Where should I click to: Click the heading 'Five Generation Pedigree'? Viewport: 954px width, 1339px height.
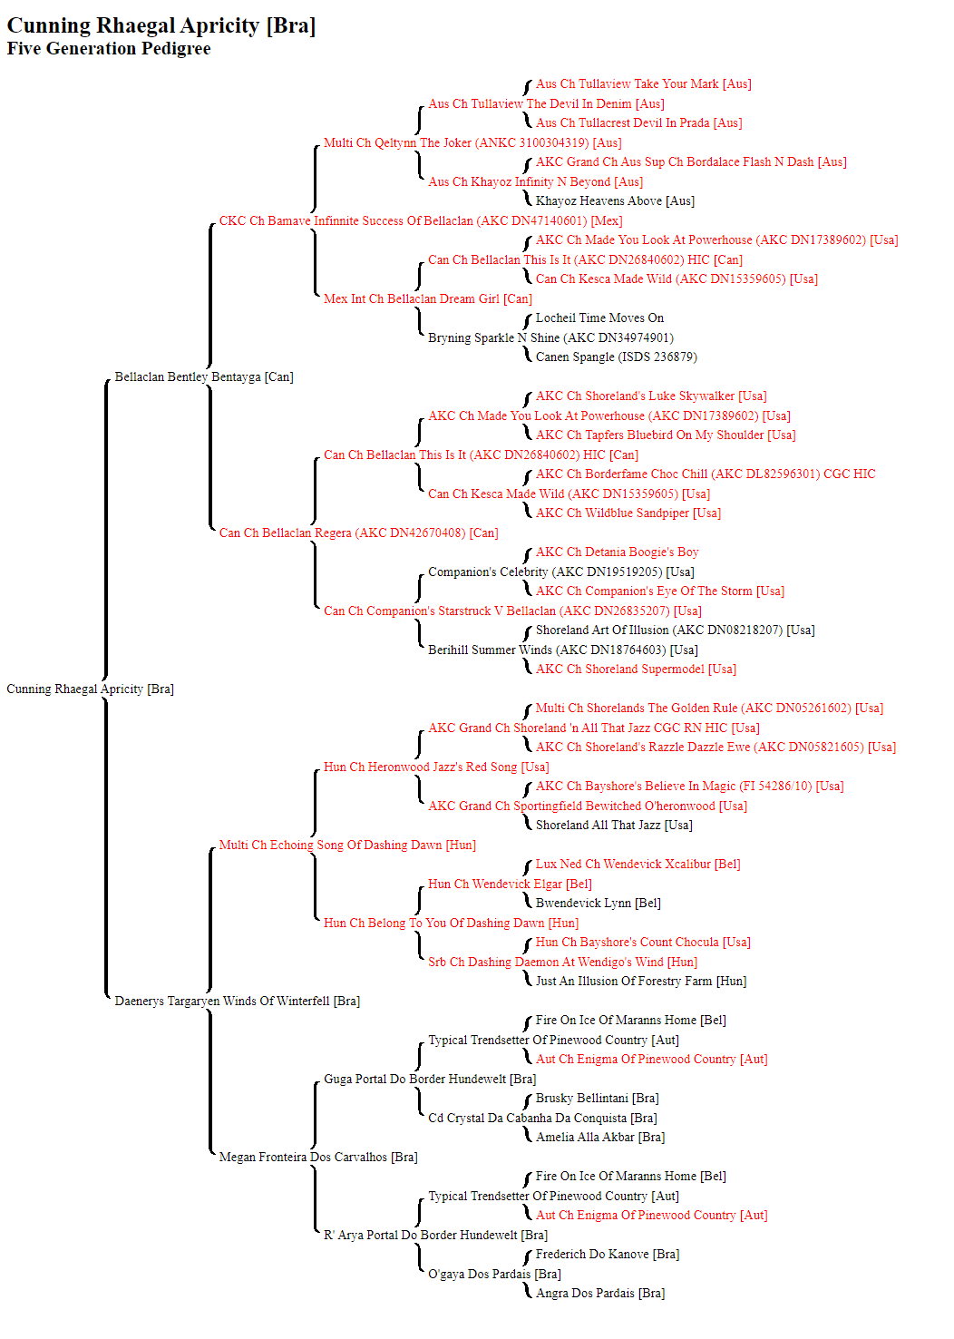pos(108,48)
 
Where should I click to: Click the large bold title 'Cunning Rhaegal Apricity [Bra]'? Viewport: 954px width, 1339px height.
pos(161,25)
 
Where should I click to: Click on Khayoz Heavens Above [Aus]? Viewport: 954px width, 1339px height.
pos(615,200)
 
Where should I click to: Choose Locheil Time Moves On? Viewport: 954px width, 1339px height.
pos(599,318)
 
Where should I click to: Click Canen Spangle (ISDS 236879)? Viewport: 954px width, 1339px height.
pos(617,357)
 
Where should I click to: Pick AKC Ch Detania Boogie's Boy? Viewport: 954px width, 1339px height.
pos(617,552)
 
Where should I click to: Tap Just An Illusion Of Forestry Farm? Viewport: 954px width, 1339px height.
pos(641,981)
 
